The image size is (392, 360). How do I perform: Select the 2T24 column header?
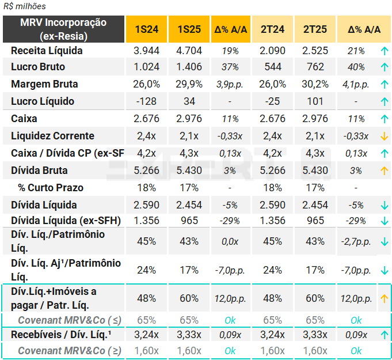273,29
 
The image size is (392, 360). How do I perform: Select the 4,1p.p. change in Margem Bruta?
356,84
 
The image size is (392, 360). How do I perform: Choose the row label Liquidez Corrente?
52,136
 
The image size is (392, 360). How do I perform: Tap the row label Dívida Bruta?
39,170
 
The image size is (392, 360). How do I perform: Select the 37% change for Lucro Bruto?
230,67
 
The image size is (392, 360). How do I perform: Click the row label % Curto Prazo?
51,188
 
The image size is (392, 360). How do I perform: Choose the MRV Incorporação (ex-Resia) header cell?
63,29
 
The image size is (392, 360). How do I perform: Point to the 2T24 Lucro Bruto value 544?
273,67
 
